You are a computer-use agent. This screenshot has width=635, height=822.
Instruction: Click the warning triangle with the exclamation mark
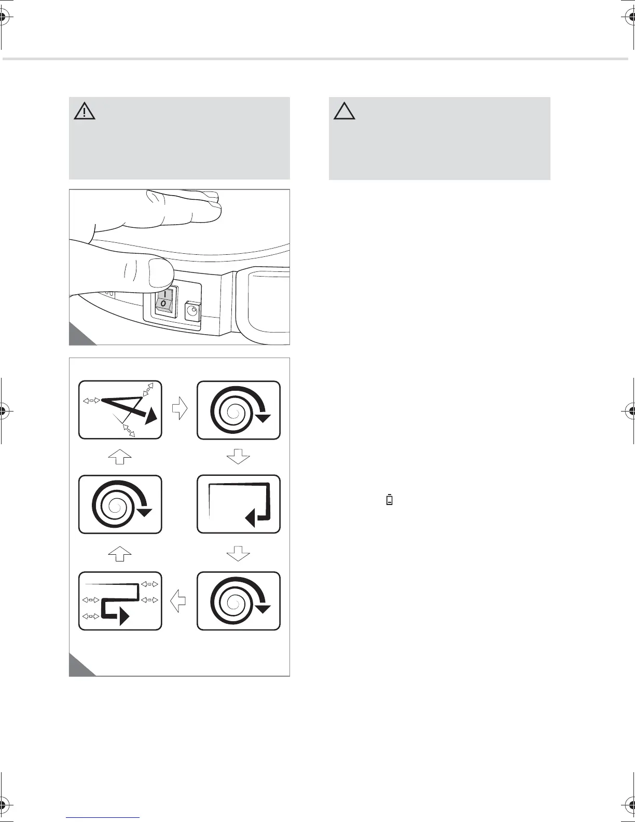tap(85, 111)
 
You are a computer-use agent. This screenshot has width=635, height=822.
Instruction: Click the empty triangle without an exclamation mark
tap(344, 111)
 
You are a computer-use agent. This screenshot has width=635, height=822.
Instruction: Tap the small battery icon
tap(390, 500)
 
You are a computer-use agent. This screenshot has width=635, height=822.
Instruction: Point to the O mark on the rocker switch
tap(163, 303)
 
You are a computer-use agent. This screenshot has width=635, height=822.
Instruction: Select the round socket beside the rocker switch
tap(192, 311)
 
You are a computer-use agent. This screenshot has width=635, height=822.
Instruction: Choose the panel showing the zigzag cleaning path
tap(120, 409)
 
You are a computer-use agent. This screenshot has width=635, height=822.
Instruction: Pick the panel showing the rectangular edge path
tap(239, 504)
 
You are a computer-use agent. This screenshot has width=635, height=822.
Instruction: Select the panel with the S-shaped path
tap(120, 600)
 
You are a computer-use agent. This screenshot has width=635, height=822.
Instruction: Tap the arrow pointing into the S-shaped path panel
tap(179, 601)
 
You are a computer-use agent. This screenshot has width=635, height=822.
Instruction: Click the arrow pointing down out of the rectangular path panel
tap(239, 553)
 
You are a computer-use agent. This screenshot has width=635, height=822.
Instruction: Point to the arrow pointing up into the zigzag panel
tap(120, 458)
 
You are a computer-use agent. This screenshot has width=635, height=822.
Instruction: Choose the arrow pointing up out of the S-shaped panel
tap(120, 553)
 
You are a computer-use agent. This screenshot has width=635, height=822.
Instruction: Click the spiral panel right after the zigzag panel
tap(239, 409)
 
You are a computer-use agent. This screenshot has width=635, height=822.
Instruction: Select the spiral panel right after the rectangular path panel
tap(239, 600)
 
